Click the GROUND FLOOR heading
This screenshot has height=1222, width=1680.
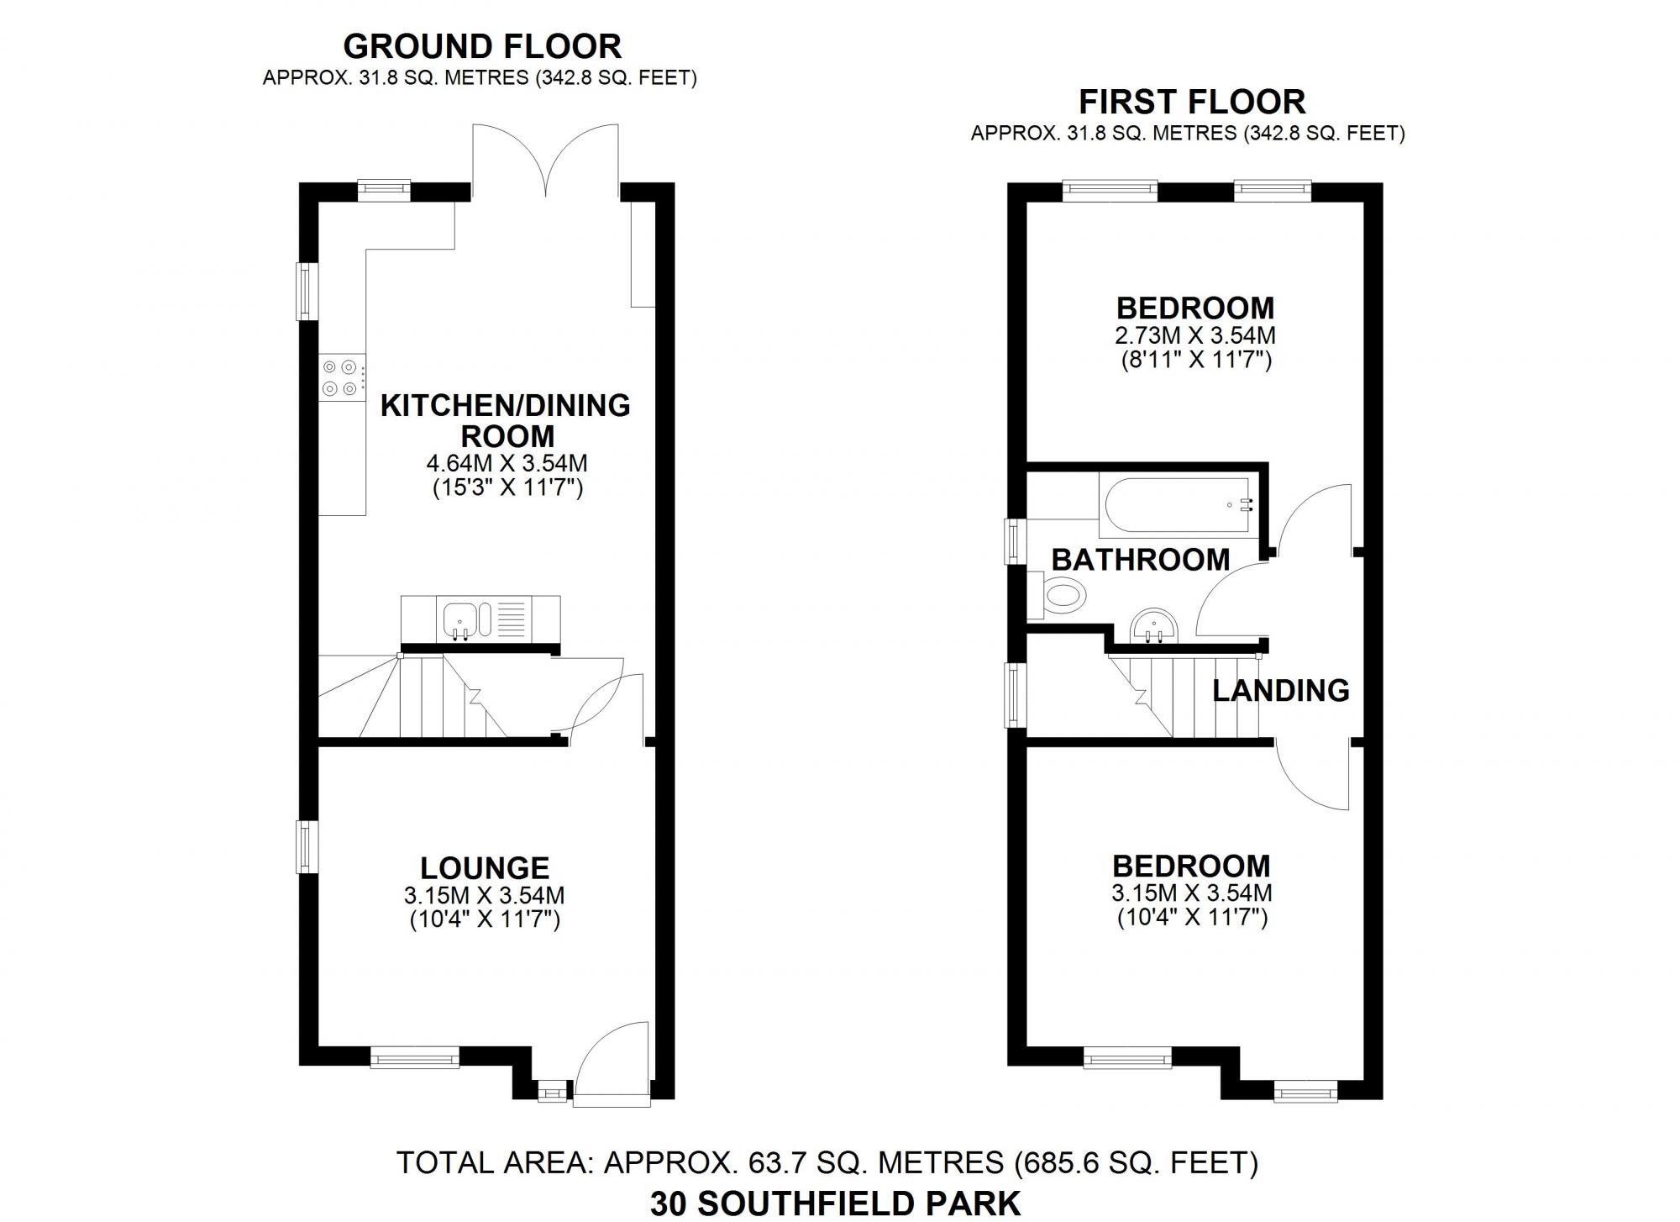click(x=482, y=45)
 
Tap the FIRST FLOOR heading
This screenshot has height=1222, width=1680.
click(x=1191, y=102)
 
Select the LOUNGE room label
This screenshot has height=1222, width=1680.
click(x=485, y=867)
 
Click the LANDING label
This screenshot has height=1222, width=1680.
click(x=1280, y=690)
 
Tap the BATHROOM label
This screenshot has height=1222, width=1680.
click(x=1140, y=560)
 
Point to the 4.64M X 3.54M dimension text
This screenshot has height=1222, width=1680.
click(x=507, y=463)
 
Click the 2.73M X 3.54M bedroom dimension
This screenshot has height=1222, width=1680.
click(x=1194, y=335)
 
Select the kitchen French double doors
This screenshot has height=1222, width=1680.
click(x=546, y=160)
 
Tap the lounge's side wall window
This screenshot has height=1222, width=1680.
click(x=307, y=846)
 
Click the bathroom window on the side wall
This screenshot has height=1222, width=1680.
click(x=1016, y=541)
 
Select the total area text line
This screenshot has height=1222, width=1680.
click(x=827, y=1162)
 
